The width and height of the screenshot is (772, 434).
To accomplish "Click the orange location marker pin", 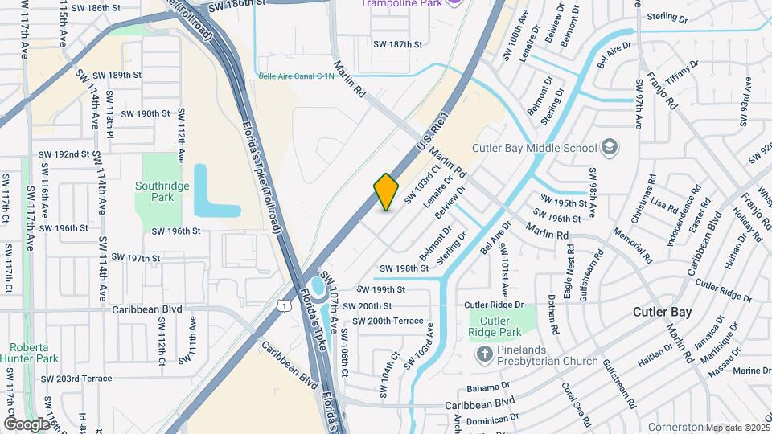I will tap(387, 192).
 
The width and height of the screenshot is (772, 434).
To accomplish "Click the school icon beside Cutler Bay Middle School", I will tap(610, 147).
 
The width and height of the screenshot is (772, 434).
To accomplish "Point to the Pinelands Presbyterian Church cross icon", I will tap(485, 354).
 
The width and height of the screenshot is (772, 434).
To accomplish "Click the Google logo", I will tap(27, 424).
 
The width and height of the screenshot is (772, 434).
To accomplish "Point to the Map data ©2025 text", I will tap(736, 428).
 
